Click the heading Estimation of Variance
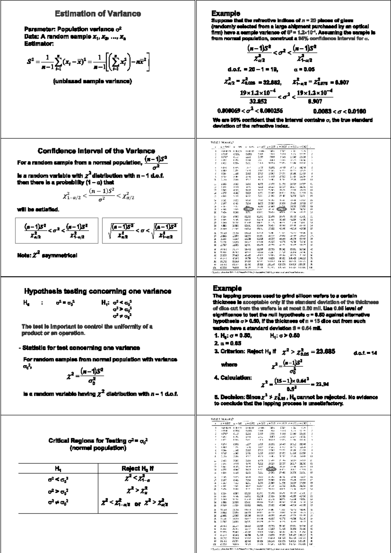pos(98,14)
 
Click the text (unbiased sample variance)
pos(92,81)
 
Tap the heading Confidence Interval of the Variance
pos(96,151)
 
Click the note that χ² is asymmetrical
pos(47,255)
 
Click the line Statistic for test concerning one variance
pos(80,348)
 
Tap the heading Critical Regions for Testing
pos(98,441)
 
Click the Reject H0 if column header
pos(138,469)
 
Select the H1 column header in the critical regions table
pos(58,469)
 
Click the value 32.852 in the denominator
pos(258,101)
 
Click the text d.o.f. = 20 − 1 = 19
pos(248,69)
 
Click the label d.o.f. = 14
pos(365,353)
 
